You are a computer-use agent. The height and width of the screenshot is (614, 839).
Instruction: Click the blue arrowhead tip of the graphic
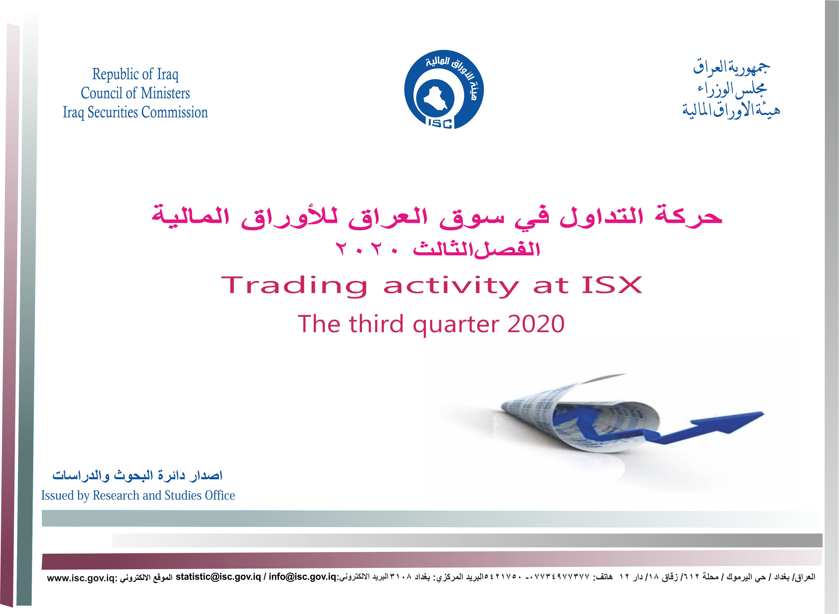pyautogui.click(x=763, y=413)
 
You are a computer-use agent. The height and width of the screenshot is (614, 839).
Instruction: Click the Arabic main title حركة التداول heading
pyautogui.click(x=436, y=216)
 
